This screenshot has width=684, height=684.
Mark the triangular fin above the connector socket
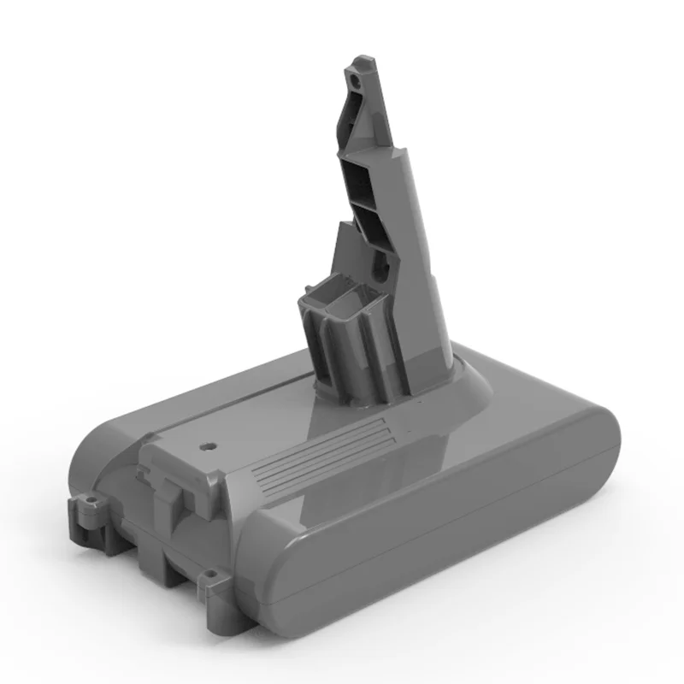[x=345, y=244]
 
